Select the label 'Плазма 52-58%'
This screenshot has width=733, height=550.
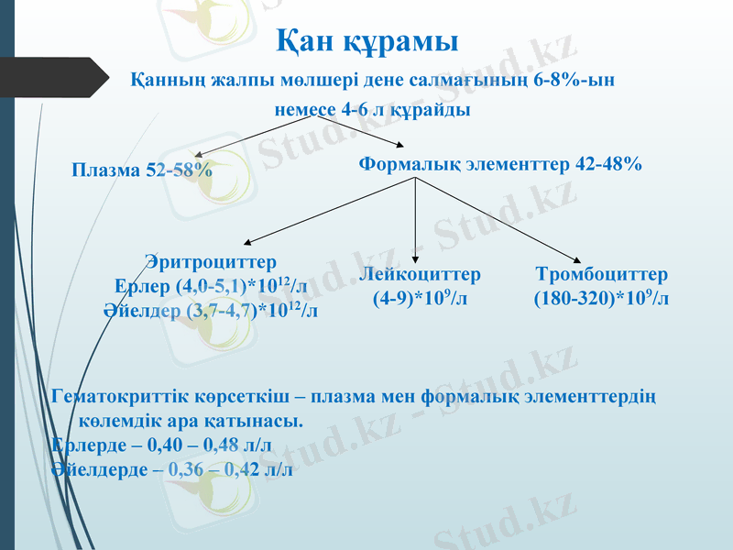click(142, 170)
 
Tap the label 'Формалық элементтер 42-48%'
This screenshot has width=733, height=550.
click(499, 165)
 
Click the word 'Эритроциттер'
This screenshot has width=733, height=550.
click(211, 263)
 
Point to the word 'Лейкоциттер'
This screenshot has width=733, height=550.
click(420, 274)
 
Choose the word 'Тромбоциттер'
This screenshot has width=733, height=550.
click(601, 274)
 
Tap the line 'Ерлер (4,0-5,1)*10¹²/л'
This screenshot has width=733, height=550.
click(211, 286)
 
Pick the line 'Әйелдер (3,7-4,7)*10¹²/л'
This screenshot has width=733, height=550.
click(211, 310)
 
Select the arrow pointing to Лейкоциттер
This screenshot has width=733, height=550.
click(416, 220)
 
